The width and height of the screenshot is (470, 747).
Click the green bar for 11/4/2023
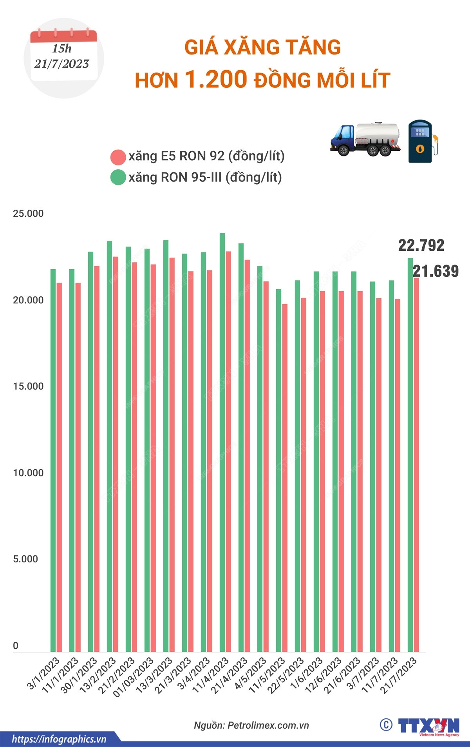[x=222, y=443]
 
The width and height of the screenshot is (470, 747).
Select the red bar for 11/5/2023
[x=285, y=478]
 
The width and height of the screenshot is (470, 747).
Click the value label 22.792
[x=421, y=246]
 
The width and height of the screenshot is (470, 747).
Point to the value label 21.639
[x=436, y=271]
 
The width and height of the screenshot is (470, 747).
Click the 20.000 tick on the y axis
[x=28, y=300]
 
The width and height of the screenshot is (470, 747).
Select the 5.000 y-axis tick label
[x=25, y=559]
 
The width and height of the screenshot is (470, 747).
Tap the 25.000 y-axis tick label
[x=28, y=214]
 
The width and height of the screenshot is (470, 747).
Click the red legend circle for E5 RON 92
[x=118, y=157]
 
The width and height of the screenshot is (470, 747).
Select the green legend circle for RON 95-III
[x=118, y=178]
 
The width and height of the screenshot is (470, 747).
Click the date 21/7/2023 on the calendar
[x=62, y=64]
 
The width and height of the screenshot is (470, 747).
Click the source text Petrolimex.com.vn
[x=268, y=725]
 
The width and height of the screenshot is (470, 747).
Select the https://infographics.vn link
[x=59, y=739]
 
